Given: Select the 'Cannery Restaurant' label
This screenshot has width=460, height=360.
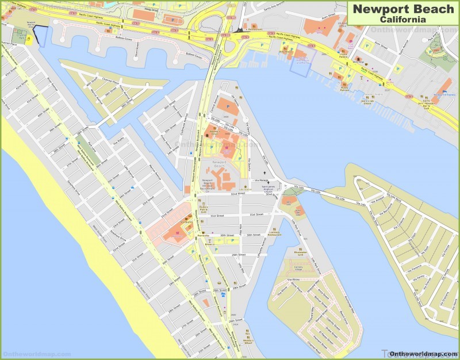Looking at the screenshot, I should click(x=274, y=233).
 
